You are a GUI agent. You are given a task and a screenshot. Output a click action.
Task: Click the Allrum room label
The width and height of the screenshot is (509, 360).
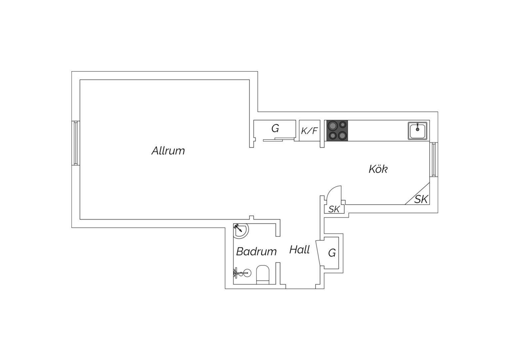(x=168, y=151)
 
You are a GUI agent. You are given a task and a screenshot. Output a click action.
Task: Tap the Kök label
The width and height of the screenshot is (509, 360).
(x=378, y=169)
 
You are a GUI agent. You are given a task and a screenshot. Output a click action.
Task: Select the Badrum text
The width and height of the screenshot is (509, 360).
(x=256, y=251)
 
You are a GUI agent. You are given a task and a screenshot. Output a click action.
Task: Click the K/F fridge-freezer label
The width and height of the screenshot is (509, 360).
(x=309, y=131)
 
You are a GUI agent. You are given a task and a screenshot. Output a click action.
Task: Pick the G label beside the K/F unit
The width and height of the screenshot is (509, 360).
(x=275, y=128)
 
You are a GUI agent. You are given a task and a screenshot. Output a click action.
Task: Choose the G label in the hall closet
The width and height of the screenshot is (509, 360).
(x=332, y=253)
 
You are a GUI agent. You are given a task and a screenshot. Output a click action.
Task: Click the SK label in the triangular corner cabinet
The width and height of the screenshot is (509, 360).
(x=421, y=199)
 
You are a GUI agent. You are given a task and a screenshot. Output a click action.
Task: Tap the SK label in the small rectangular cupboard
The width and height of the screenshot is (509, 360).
(x=334, y=209)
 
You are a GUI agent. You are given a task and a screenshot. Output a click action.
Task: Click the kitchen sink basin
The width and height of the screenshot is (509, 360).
(x=417, y=131)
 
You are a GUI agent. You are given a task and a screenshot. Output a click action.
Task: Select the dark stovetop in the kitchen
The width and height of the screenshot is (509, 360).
(x=337, y=131)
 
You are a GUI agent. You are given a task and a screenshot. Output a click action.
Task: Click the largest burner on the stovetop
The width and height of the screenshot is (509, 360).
(x=333, y=126)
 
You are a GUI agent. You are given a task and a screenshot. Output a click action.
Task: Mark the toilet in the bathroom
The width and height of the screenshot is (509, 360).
(x=262, y=275)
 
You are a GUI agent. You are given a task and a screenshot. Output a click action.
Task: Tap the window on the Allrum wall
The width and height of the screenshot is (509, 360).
(x=76, y=143)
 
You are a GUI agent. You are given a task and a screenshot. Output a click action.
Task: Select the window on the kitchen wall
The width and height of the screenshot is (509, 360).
(x=434, y=159)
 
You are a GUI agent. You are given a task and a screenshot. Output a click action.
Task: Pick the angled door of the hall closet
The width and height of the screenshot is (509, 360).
(x=320, y=253)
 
